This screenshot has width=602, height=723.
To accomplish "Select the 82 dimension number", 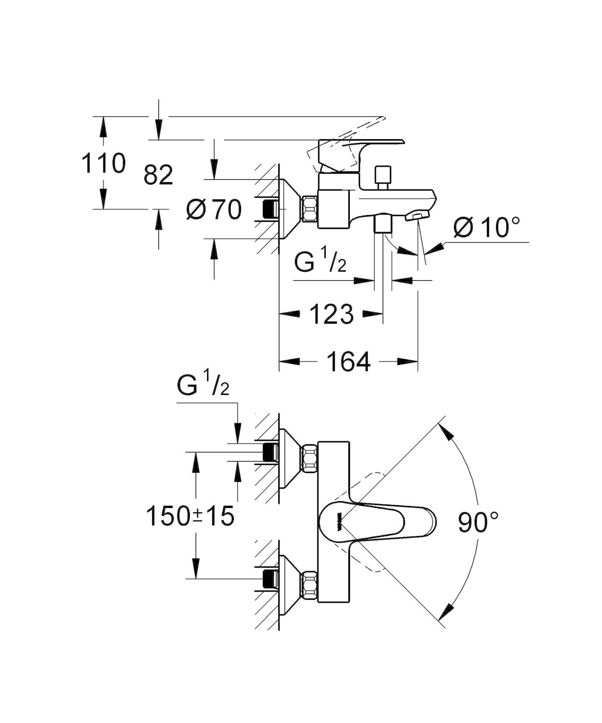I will (158, 175).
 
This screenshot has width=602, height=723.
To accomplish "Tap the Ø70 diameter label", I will (215, 210).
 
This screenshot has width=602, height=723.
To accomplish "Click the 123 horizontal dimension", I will (331, 315).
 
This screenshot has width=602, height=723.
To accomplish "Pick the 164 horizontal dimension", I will (348, 361).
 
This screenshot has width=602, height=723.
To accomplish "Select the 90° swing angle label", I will (478, 522).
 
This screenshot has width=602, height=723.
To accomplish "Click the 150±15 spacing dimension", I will (190, 516).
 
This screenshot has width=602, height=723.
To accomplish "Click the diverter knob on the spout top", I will (383, 175).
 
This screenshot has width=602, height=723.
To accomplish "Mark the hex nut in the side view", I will (309, 209).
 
